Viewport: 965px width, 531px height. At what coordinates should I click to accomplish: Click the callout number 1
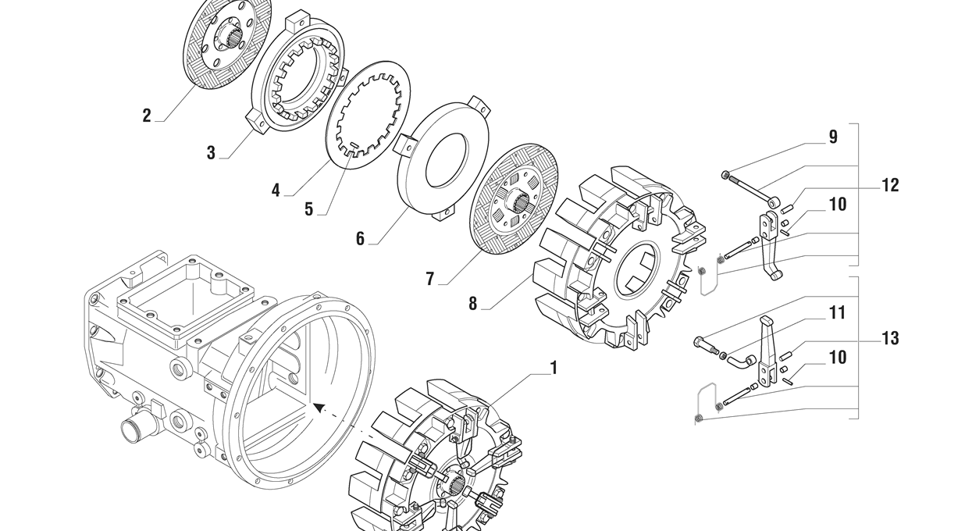tap(554, 367)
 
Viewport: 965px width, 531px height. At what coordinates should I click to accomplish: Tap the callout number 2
tap(147, 116)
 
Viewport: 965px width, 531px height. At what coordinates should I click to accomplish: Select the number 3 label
tap(211, 153)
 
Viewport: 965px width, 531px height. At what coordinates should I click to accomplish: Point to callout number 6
tap(360, 239)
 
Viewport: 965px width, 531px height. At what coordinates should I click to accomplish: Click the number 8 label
tap(472, 304)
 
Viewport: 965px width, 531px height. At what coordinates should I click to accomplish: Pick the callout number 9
tap(833, 137)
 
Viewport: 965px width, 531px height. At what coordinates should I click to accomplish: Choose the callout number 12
tap(890, 185)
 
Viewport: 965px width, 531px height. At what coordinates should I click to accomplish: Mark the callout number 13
tap(890, 338)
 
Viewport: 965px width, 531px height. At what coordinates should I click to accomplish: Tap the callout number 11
tap(837, 313)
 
